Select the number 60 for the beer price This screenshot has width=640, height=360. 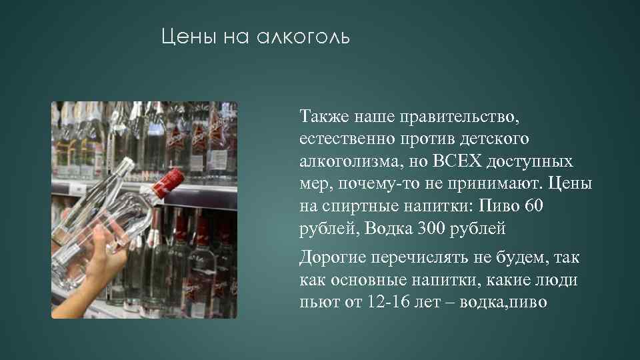[x=534, y=207]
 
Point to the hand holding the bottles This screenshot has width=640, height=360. [x=100, y=253]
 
